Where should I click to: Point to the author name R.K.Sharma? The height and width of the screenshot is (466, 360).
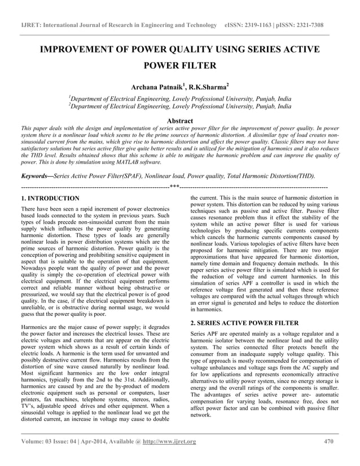coord(207,87)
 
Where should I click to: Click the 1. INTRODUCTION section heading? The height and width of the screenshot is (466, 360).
coord(50,199)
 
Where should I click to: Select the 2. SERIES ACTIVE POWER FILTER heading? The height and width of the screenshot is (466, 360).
coord(244,322)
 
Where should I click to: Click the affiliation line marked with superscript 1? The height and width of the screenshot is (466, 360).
coord(180,99)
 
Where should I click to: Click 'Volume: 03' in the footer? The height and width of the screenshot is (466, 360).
coord(38,441)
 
